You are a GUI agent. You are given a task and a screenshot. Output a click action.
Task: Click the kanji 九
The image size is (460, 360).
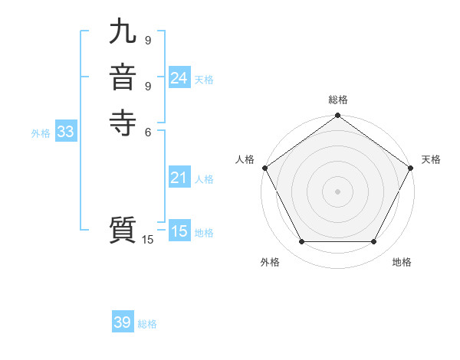[123, 32]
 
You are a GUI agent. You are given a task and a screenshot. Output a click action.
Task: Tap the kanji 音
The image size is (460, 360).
[123, 77]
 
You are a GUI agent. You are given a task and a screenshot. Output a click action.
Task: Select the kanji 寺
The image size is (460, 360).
[123, 123]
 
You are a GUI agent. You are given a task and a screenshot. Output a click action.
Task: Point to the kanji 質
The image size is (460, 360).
[123, 231]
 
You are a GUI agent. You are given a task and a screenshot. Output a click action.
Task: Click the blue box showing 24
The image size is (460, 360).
[179, 78]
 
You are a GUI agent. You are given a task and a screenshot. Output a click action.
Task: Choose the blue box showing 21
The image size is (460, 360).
[179, 178]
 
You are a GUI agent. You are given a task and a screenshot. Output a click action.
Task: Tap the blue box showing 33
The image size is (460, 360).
[65, 132]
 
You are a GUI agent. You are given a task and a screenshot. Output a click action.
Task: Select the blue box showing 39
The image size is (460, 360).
[122, 322]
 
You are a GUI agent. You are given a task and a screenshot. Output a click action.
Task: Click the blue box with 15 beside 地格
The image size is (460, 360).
[179, 231]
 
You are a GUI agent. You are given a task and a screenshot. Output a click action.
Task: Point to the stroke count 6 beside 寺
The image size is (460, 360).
[147, 131]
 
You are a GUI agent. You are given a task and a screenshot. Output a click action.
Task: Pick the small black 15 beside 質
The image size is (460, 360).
[147, 240]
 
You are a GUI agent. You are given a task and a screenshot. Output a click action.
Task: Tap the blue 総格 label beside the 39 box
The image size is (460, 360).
[147, 324]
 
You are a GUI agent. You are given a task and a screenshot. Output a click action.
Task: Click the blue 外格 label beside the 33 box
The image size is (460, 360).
[41, 133]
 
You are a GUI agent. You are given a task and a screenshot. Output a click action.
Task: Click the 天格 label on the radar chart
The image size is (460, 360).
[431, 159]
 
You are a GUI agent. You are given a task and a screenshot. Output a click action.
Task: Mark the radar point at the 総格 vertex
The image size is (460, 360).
[338, 116]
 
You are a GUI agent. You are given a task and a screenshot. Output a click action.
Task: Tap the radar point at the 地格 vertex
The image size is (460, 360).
[374, 242]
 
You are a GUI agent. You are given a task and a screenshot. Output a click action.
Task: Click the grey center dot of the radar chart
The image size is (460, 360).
[338, 191]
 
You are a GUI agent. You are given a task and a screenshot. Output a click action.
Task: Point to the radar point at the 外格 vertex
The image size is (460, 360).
[301, 242]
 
